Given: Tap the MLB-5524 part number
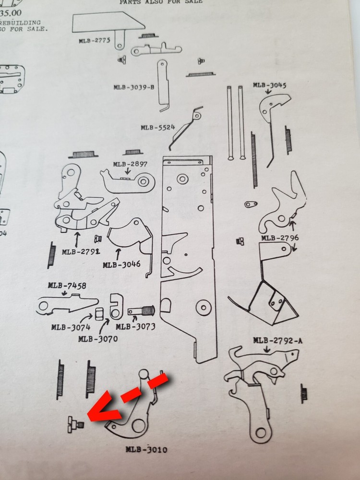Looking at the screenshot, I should (x=157, y=128).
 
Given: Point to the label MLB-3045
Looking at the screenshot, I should (x=269, y=85).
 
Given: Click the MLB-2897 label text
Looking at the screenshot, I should (x=130, y=164).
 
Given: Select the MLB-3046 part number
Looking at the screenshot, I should (x=121, y=264).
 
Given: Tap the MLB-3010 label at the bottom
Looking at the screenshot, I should (x=147, y=450).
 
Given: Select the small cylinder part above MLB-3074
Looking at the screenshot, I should (x=99, y=313).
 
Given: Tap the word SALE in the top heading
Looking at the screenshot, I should (x=192, y=2).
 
